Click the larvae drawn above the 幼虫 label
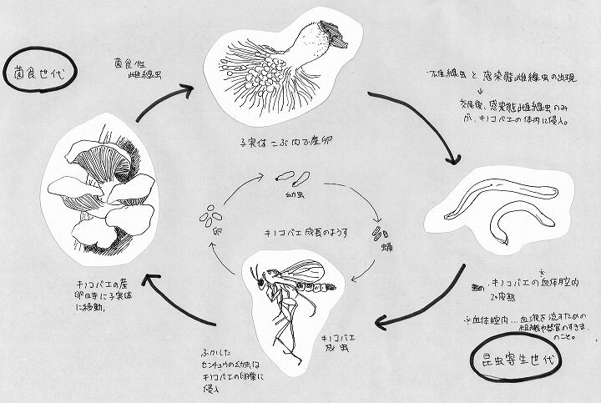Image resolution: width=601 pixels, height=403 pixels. coord(289,178)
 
